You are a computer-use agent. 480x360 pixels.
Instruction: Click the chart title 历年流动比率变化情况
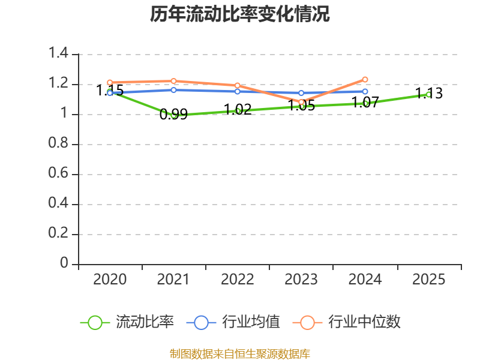click(239, 14)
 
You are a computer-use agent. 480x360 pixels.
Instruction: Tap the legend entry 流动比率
click(127, 322)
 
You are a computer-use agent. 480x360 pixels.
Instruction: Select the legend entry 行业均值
click(233, 322)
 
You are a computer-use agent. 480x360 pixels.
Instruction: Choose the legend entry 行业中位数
click(347, 322)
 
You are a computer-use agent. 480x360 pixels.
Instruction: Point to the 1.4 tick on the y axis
click(58, 53)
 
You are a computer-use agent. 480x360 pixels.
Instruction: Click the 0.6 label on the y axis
click(58, 173)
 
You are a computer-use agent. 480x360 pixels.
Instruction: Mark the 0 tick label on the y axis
click(64, 263)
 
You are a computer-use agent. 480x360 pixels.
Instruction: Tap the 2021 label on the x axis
click(173, 280)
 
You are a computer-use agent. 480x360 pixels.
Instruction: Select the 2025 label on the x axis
click(428, 280)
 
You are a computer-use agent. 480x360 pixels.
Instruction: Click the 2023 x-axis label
click(301, 280)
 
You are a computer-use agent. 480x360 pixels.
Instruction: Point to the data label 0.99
click(173, 115)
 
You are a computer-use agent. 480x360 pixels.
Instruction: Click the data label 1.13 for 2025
click(429, 94)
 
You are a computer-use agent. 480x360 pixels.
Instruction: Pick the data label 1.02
click(238, 110)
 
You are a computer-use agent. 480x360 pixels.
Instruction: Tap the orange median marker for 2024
click(365, 80)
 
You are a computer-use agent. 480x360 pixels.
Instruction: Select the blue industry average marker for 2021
click(173, 90)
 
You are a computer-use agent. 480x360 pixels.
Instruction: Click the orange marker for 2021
click(173, 81)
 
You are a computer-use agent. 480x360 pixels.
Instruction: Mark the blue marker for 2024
click(365, 92)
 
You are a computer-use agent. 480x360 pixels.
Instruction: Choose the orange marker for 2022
click(237, 85)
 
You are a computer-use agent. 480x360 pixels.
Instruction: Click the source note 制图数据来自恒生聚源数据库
click(240, 354)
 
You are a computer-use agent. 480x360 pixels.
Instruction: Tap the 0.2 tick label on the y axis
click(58, 233)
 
